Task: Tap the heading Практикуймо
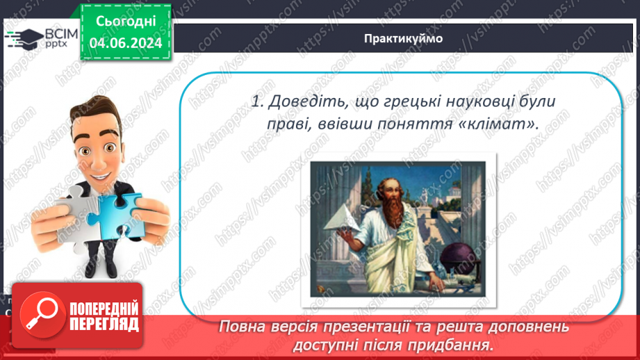(x=402, y=38)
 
